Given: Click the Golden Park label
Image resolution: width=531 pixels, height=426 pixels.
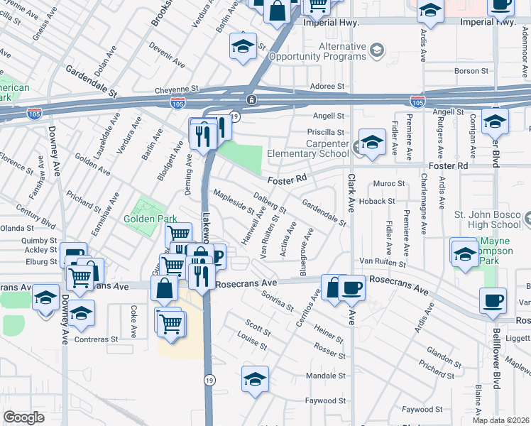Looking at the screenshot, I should click(149, 219).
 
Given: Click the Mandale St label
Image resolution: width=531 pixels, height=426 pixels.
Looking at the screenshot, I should click(325, 375).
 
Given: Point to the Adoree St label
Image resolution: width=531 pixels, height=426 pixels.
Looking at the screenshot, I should click(327, 86).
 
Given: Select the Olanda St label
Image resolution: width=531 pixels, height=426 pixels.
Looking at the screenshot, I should click(18, 229).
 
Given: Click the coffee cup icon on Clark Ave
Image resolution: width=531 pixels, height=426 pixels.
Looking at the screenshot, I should click(352, 288).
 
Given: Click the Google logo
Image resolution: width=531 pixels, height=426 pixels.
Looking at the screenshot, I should click(23, 417).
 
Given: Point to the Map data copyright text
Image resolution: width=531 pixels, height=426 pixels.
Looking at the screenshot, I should click(501, 420).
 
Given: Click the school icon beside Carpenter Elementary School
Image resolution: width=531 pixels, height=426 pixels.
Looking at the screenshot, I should click(371, 142).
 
